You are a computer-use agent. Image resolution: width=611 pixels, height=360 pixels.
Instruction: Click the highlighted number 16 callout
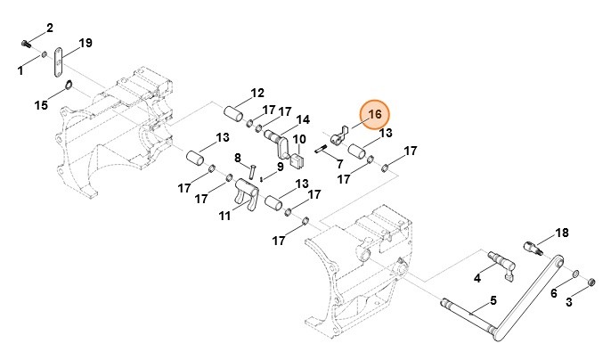(375, 114)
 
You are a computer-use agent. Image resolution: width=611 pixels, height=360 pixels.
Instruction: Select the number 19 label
(86, 43)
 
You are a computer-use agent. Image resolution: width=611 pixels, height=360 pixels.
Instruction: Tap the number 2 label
(49, 28)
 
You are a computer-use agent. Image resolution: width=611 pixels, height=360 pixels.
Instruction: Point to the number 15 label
(41, 105)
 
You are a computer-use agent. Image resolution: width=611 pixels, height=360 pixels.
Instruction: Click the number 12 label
(257, 93)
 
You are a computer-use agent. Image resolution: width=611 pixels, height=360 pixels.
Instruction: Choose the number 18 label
(561, 233)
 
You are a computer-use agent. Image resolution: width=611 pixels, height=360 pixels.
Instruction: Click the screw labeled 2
(26, 41)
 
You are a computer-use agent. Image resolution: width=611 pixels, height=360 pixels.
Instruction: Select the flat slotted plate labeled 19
(57, 62)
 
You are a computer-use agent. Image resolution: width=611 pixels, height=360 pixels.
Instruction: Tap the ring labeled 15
(69, 86)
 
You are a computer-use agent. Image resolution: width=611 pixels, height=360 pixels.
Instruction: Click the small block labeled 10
(297, 161)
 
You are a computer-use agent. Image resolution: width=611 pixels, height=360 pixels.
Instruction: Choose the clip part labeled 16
(338, 137)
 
